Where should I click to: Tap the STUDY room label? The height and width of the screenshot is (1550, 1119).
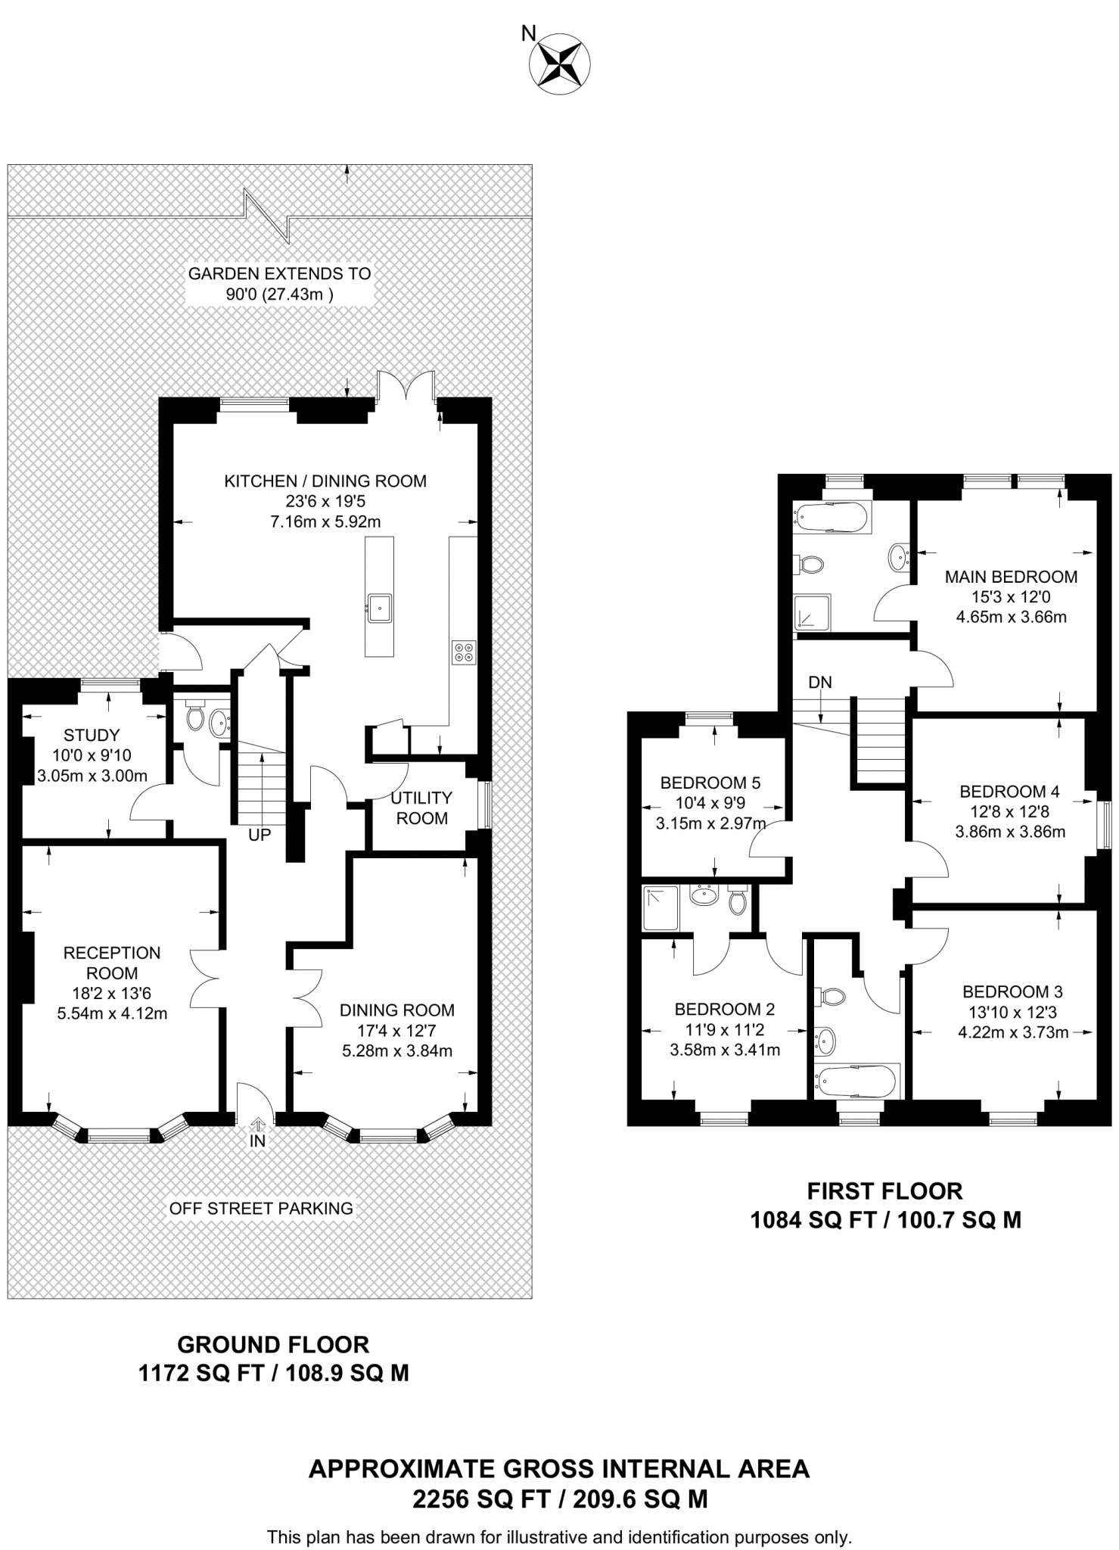tap(92, 735)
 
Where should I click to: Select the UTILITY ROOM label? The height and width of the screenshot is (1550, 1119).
tap(421, 808)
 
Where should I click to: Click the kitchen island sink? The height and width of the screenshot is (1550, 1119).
tap(379, 608)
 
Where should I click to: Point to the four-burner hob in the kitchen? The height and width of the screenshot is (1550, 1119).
tap(464, 652)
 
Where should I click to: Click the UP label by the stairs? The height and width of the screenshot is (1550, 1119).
tap(260, 835)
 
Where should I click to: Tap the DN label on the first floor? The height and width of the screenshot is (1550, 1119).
tap(819, 682)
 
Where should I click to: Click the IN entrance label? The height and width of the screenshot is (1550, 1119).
tap(258, 1140)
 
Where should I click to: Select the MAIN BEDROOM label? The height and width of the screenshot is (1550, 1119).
tap(1011, 577)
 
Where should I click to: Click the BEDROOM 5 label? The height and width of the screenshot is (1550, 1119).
tap(710, 783)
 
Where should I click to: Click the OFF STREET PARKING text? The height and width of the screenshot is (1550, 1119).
tap(261, 1208)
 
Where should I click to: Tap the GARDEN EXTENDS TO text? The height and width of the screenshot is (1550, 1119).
tap(280, 273)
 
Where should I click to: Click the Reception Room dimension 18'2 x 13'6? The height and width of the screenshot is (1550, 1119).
tap(112, 993)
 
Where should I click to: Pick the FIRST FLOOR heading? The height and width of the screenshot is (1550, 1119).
tap(884, 1191)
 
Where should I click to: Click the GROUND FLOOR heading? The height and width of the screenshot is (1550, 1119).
tap(273, 1345)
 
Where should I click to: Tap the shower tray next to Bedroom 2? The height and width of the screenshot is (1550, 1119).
tap(661, 908)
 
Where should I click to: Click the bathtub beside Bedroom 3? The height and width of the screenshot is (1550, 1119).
tap(856, 1081)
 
